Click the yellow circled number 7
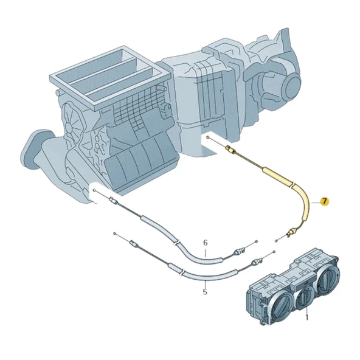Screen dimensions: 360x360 325,201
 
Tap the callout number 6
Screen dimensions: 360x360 205,243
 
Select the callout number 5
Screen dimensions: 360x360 204,291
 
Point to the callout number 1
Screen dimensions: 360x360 307,317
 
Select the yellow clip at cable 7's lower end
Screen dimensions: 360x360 294,230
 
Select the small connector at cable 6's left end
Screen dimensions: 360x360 113,201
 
